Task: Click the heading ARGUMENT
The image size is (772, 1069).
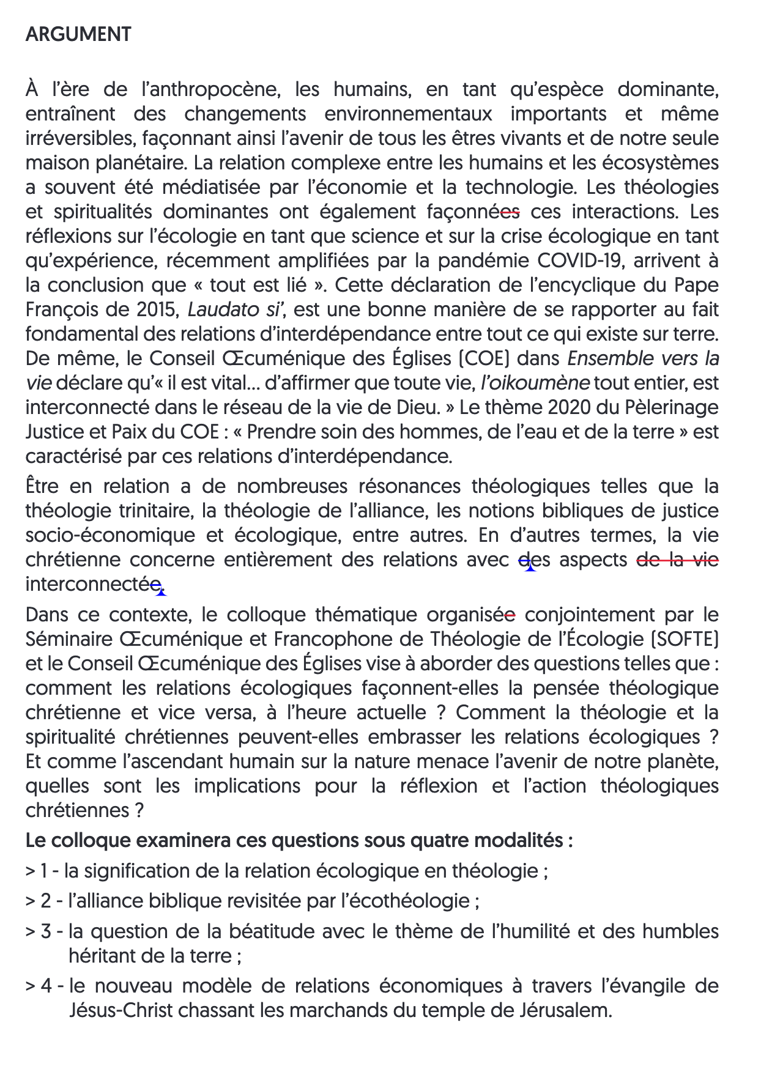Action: tap(78, 34)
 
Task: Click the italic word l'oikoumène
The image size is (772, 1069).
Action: tap(535, 383)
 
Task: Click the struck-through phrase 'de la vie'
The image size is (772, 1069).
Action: tap(678, 560)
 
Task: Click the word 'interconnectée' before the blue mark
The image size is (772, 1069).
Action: tap(92, 584)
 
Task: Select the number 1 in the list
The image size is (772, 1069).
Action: tap(43, 870)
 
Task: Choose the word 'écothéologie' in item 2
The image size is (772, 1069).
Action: tap(413, 901)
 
